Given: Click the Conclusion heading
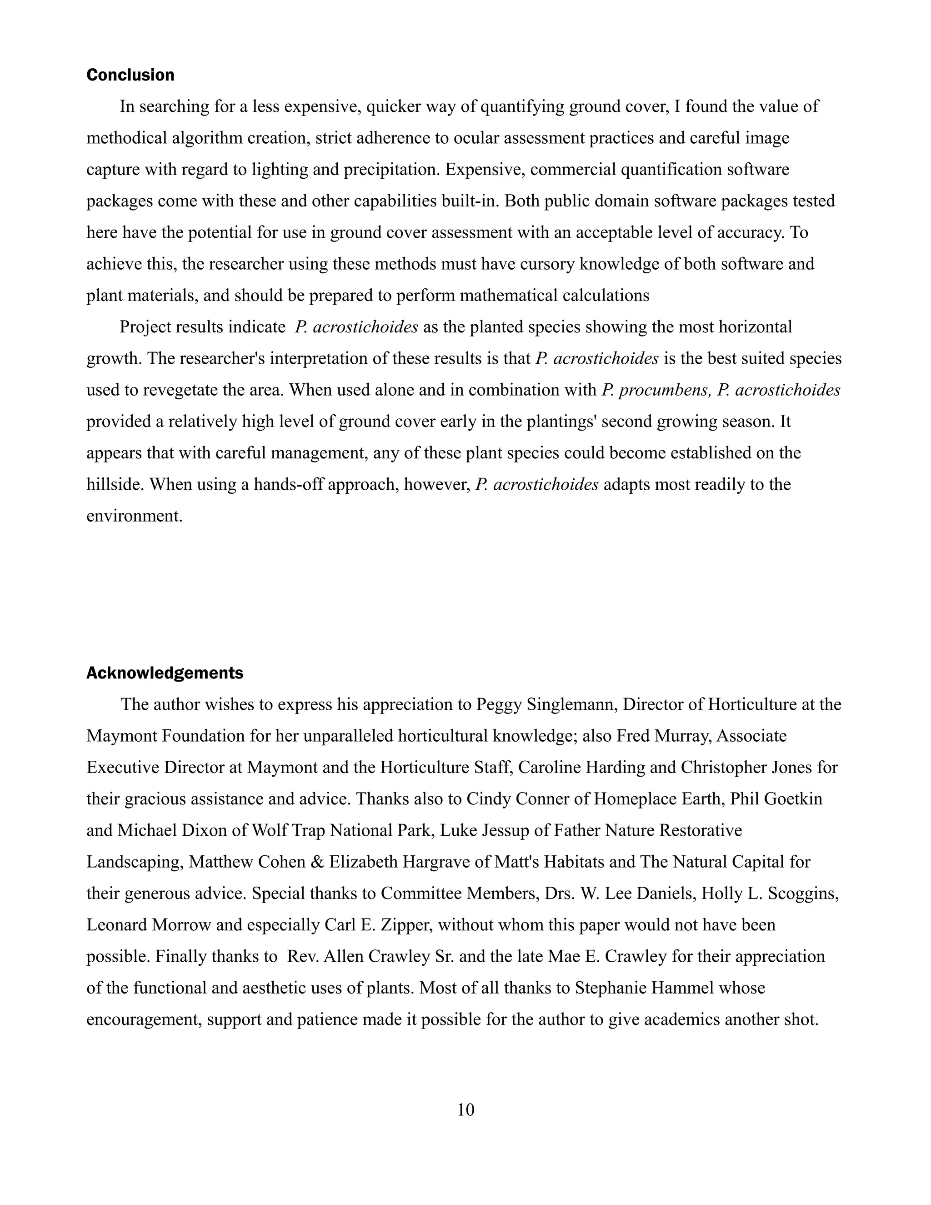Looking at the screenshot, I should pyautogui.click(x=130, y=75).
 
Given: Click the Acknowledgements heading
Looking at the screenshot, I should pyautogui.click(x=165, y=673).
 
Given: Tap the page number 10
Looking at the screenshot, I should pyautogui.click(x=465, y=1110).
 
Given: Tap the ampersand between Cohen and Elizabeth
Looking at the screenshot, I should pyautogui.click(x=317, y=862).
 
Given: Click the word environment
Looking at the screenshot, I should pyautogui.click(x=134, y=517).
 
